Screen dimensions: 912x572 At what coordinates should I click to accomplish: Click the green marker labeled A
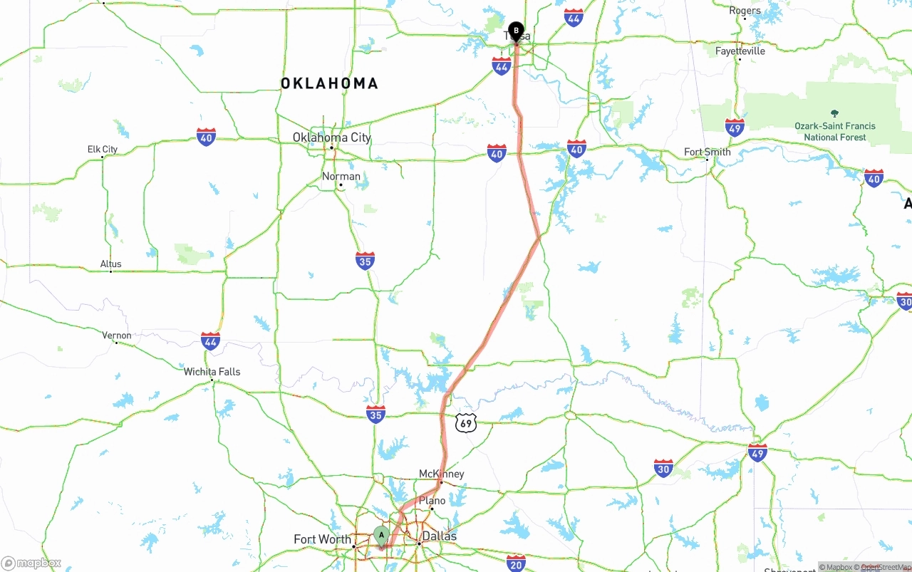tap(381, 535)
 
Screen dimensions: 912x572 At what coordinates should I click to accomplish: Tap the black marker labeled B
tap(516, 30)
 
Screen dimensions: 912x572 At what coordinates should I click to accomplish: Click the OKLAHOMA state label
tap(329, 84)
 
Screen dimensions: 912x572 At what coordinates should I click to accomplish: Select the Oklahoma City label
tap(332, 137)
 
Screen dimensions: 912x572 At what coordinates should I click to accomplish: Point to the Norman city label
tap(341, 176)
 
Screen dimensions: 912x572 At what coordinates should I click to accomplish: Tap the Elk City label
tap(103, 150)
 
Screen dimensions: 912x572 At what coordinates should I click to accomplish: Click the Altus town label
tap(110, 264)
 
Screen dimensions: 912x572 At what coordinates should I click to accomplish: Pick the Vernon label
tap(117, 336)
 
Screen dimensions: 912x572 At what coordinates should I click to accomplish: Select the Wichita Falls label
tap(212, 372)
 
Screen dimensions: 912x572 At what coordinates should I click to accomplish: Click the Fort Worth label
tap(322, 539)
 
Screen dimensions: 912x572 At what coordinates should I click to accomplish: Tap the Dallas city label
tap(439, 536)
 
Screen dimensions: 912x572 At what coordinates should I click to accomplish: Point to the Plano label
tap(432, 501)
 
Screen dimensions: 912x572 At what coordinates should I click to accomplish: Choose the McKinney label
tap(441, 474)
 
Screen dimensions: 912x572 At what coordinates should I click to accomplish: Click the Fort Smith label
tap(707, 152)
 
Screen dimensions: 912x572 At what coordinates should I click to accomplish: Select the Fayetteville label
tap(740, 51)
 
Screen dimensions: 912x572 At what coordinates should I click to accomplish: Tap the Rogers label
tap(745, 11)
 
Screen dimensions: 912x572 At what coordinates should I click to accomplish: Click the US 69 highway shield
tap(466, 423)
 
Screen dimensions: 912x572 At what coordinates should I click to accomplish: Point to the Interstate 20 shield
tap(516, 563)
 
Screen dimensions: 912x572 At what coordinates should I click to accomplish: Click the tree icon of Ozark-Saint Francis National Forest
tap(834, 113)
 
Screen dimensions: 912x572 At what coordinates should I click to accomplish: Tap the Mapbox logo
tap(31, 563)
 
